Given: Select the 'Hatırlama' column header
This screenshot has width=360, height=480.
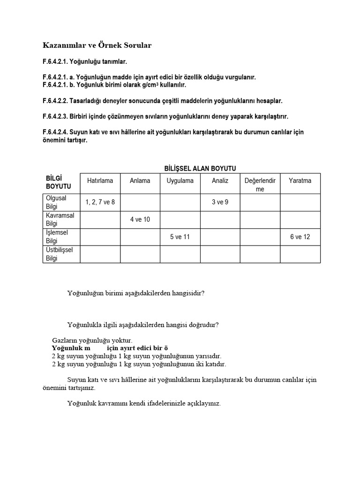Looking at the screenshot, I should click(x=100, y=180).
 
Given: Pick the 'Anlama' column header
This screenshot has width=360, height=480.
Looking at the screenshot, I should click(x=140, y=180).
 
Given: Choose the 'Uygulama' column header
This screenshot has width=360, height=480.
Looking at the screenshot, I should click(x=180, y=180).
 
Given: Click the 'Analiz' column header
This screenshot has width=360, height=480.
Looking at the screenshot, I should click(x=220, y=180).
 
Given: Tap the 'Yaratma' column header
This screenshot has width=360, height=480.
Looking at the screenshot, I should click(x=300, y=180).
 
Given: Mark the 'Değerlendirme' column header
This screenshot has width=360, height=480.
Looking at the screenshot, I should click(x=260, y=185).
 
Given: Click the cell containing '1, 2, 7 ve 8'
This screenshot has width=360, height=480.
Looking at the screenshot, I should click(x=100, y=202).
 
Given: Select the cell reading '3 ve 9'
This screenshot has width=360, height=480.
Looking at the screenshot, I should click(x=220, y=202).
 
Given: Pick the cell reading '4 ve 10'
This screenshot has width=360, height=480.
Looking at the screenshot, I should click(x=140, y=219).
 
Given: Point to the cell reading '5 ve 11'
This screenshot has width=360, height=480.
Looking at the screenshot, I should click(x=180, y=237).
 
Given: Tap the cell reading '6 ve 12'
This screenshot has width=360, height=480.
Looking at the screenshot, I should click(x=300, y=237).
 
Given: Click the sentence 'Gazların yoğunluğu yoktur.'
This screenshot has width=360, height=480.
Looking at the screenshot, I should click(x=92, y=340).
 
